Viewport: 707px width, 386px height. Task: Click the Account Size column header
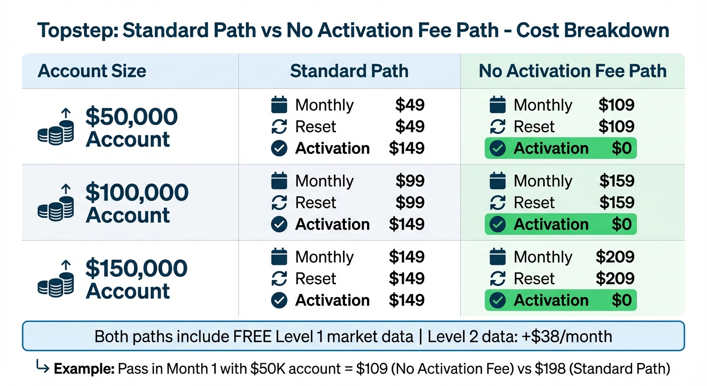coord(92,71)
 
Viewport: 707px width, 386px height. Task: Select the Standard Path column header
coord(349,71)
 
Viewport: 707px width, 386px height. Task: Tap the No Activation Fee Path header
coord(572,71)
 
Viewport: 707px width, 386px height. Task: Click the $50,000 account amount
coord(132,117)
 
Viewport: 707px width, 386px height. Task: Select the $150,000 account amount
coord(137,268)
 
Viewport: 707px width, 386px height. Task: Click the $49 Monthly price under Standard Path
coord(410,105)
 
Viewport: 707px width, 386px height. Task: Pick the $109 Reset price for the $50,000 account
coord(617,127)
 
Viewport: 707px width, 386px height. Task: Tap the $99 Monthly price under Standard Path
coord(410,181)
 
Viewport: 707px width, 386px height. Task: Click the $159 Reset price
coord(617,203)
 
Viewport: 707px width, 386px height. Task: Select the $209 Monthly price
coord(615,257)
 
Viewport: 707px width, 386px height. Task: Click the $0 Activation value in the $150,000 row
coord(622,300)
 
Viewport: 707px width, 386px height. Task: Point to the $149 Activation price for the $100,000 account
coord(407,224)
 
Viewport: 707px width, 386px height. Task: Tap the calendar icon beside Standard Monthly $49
coord(279,105)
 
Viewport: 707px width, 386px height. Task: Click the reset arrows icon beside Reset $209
coord(498,278)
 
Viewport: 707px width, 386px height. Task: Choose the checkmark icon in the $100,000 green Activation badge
coord(498,224)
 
